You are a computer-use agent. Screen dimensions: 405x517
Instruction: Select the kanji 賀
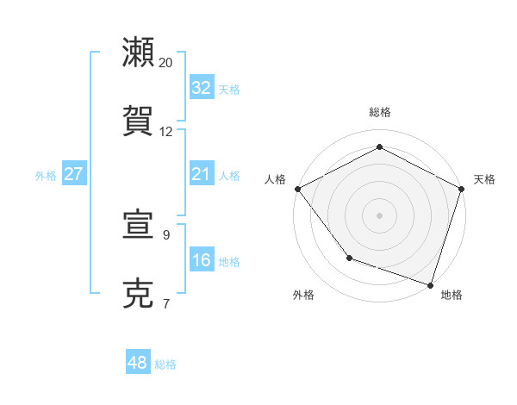139,120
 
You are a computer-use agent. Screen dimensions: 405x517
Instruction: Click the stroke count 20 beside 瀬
166,63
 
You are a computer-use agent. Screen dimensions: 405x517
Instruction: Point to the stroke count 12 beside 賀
166,132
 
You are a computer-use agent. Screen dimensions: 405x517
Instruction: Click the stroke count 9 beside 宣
166,234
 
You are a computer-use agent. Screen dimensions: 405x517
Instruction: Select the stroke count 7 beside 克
166,303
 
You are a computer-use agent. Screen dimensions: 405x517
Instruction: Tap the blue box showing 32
201,88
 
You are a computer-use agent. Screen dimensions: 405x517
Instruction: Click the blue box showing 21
201,175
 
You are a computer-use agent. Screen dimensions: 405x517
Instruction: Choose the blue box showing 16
201,260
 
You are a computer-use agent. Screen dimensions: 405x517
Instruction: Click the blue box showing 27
73,174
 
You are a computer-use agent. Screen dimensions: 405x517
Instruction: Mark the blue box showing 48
137,363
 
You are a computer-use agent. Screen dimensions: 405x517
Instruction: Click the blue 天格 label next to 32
229,90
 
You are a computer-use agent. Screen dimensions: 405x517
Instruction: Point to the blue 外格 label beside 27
46,176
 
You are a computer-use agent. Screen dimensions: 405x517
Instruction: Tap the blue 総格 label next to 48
165,364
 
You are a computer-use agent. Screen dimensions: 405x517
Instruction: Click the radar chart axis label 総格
380,112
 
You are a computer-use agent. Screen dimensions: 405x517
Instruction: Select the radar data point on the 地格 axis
430,283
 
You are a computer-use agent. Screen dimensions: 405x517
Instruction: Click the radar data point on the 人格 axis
297,189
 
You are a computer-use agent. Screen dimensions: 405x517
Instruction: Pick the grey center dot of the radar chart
380,215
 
